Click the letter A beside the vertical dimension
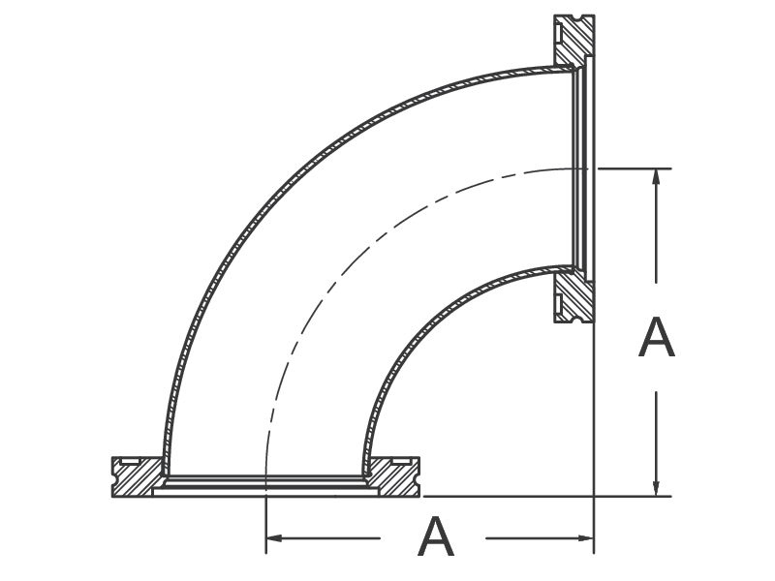click(657, 337)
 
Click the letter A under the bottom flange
click(435, 536)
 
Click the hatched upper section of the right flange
click(574, 40)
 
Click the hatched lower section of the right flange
click(574, 296)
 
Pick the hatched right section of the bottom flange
click(394, 477)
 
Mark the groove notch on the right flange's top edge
click(574, 17)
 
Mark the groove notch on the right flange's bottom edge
click(574, 320)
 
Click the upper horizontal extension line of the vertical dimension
click(635, 168)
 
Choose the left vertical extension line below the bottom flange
click(266, 525)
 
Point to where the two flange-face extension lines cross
click(594, 496)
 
